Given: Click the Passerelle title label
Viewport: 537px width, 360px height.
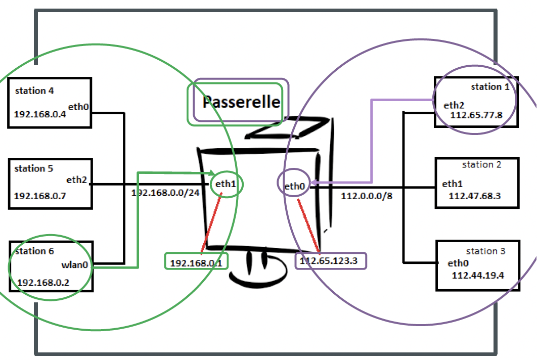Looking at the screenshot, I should [241, 102].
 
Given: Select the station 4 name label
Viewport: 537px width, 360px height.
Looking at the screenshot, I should [34, 91].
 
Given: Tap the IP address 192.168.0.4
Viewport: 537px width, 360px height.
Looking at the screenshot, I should [40, 113].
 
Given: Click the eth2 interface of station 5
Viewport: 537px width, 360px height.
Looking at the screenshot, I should [77, 179].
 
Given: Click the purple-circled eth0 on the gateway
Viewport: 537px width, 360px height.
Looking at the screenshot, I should [295, 187].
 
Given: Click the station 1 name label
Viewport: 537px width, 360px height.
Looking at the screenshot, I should [490, 87].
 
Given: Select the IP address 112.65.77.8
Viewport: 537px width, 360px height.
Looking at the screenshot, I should [477, 115].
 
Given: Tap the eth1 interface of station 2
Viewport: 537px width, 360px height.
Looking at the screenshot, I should [453, 184].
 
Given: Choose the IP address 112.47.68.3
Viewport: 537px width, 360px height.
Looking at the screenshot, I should [474, 196].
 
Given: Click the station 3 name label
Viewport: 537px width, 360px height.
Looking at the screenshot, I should [485, 251].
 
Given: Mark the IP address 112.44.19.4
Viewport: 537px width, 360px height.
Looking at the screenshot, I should [478, 275].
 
